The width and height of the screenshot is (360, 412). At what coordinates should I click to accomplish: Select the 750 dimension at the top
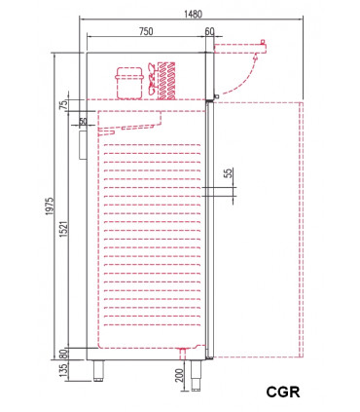[x=146, y=32]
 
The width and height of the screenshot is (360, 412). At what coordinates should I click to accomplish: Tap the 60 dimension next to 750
[x=210, y=32]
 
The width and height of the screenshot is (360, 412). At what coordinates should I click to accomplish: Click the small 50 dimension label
[x=83, y=123]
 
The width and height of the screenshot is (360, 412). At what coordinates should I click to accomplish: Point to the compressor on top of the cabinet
[x=128, y=82]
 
